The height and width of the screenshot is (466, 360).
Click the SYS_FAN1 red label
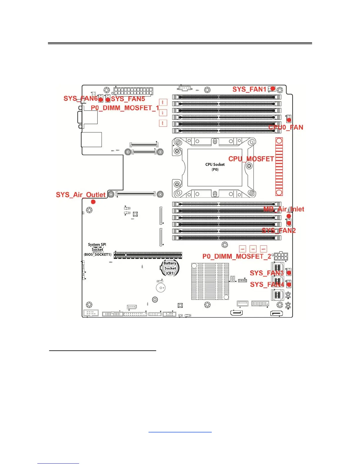pyautogui.click(x=249, y=89)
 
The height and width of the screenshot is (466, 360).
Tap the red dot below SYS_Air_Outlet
pyautogui.click(x=93, y=202)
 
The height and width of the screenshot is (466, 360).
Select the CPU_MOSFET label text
pyautogui.click(x=251, y=159)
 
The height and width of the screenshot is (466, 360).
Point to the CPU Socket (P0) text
pyautogui.click(x=215, y=167)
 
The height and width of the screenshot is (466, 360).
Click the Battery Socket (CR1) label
pyautogui.click(x=170, y=268)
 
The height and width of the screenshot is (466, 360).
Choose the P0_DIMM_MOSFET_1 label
pyautogui.click(x=125, y=108)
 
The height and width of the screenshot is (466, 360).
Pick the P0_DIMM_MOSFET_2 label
pyautogui.click(x=237, y=256)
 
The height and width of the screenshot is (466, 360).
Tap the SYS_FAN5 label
pyautogui.click(x=128, y=99)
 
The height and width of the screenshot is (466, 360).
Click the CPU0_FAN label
pyautogui.click(x=286, y=127)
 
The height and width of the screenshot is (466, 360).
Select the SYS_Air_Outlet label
pyautogui.click(x=81, y=195)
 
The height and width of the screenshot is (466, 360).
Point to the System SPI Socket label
pyautogui.click(x=97, y=249)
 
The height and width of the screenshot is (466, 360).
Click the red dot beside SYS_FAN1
pyautogui.click(x=273, y=88)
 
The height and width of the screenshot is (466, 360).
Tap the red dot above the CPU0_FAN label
pyautogui.click(x=289, y=119)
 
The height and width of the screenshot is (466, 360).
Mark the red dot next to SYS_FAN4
pyautogui.click(x=289, y=284)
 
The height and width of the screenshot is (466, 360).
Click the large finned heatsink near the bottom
pyautogui.click(x=210, y=282)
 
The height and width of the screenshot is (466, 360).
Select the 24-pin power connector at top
pyautogui.click(x=133, y=91)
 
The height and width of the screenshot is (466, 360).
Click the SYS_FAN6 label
pyautogui.click(x=80, y=98)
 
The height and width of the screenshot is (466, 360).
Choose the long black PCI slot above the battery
pyautogui.click(x=148, y=255)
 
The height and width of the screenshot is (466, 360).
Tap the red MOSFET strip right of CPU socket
pyautogui.click(x=279, y=167)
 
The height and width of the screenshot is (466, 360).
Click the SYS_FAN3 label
pyautogui.click(x=266, y=273)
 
